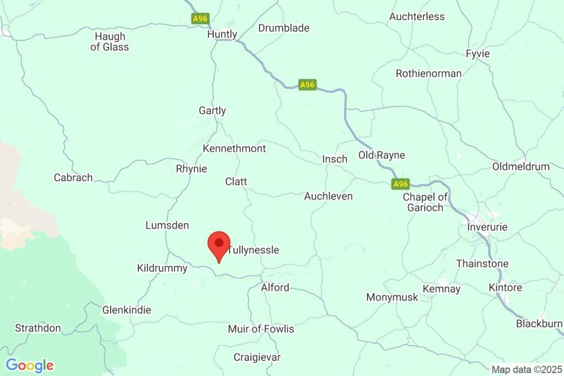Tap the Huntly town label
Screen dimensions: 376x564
(x=222, y=34)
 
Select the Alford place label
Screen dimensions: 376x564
(x=275, y=287)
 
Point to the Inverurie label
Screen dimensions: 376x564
(x=487, y=227)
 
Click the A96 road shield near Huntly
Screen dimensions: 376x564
(x=200, y=19)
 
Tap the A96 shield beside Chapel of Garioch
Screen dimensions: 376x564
(x=401, y=184)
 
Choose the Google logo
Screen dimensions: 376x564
(x=30, y=365)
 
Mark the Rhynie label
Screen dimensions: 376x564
(x=191, y=169)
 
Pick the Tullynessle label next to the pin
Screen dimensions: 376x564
(x=253, y=250)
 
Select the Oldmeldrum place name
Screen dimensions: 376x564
(x=520, y=166)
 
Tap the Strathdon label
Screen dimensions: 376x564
(x=38, y=328)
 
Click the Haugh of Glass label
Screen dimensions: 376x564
(x=110, y=42)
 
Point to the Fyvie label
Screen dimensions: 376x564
(x=478, y=54)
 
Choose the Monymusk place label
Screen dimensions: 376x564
(x=392, y=297)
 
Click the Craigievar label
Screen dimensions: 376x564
(x=257, y=357)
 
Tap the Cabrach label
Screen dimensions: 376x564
(x=73, y=178)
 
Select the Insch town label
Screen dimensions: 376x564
(x=335, y=159)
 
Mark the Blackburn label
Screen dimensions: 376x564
(x=539, y=324)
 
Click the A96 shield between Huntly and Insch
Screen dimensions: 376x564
(x=307, y=85)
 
